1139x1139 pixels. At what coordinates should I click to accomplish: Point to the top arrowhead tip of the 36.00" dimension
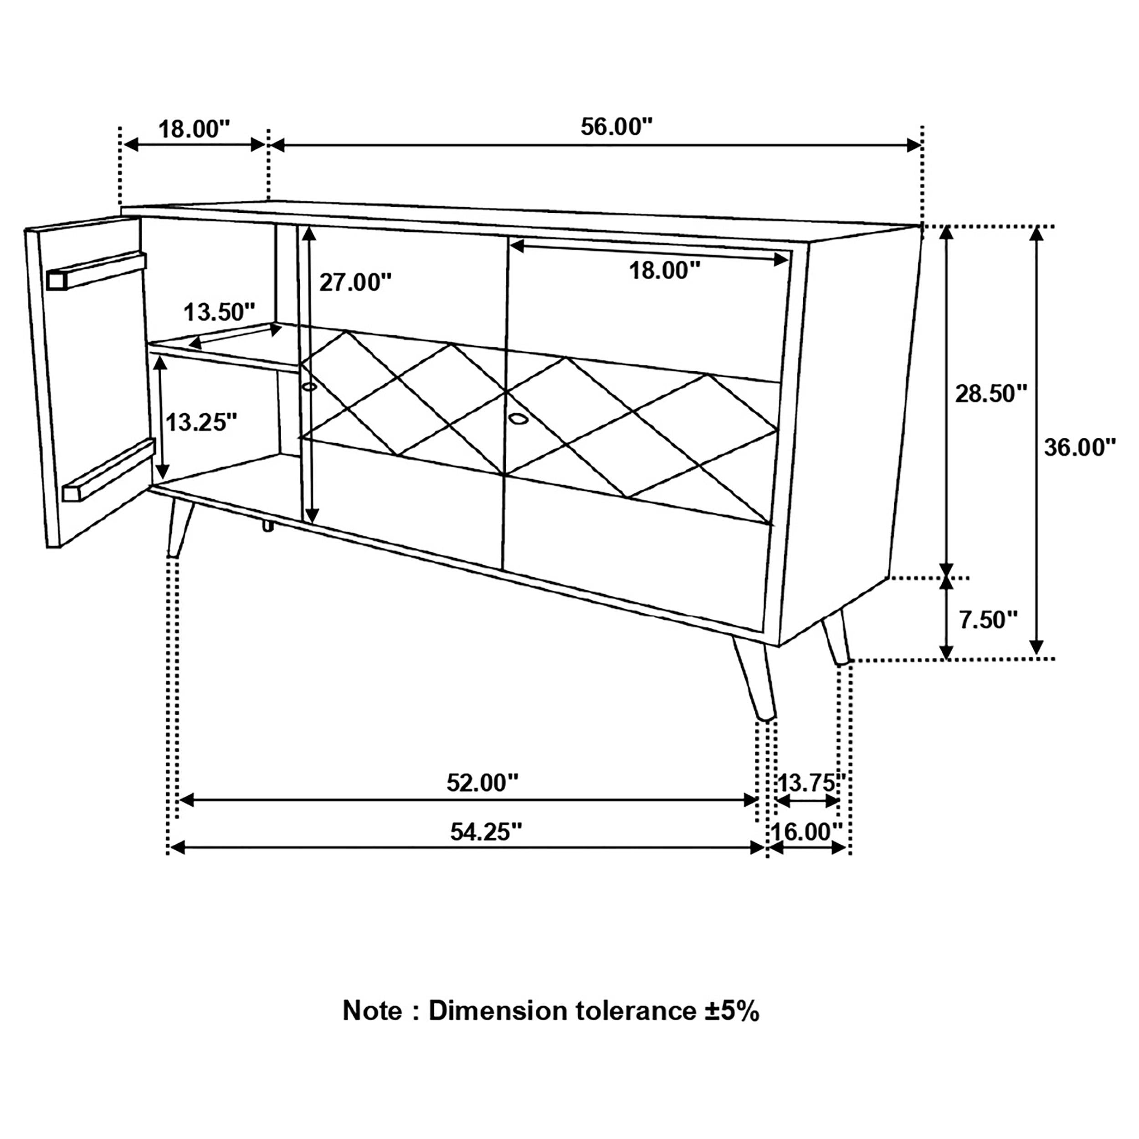click(x=1036, y=227)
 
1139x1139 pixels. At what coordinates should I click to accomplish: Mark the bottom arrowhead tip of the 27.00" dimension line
click(x=311, y=523)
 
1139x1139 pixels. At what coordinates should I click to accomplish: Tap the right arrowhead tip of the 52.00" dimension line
click(x=759, y=800)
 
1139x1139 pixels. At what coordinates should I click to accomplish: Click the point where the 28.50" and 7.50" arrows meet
click(x=946, y=577)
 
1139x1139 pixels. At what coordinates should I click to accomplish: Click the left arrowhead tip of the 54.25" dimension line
click(x=170, y=848)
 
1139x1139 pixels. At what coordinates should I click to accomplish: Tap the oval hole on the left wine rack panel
click(x=309, y=387)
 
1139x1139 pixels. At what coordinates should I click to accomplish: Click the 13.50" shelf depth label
click(x=219, y=312)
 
